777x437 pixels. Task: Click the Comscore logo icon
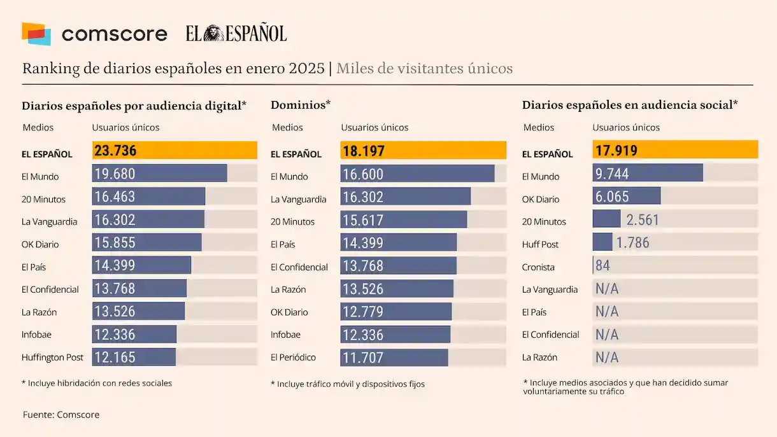tap(36, 34)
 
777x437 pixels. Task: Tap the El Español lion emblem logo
tap(214, 34)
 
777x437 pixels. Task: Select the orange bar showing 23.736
tap(175, 151)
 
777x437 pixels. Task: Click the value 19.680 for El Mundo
tap(115, 174)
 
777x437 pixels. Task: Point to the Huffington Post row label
tap(52, 357)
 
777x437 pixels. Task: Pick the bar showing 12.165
tap(134, 357)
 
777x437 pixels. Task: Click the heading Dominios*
tap(301, 104)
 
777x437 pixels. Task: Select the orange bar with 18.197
tap(423, 151)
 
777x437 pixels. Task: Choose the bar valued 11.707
tap(394, 357)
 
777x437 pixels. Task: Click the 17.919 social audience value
tap(617, 151)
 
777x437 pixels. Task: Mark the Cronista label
tap(538, 267)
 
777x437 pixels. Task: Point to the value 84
tap(602, 266)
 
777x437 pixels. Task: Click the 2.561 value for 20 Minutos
tap(643, 220)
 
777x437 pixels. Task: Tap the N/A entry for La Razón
tap(607, 357)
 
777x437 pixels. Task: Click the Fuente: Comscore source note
tap(61, 415)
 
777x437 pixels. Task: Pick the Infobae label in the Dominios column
tap(285, 335)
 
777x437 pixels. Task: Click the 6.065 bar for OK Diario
tap(626, 197)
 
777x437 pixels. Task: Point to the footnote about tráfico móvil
tap(348, 384)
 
